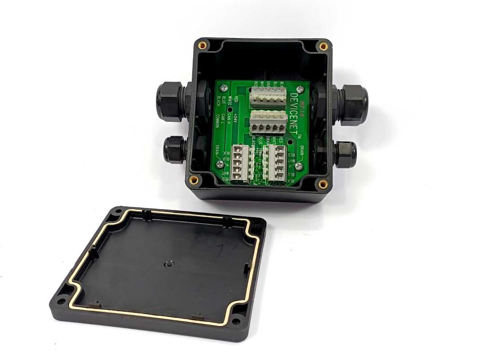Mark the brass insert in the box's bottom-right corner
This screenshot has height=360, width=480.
coord(322,183)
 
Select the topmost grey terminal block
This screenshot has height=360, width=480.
coord(268,95)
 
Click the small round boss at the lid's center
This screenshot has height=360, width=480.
coord(169,264)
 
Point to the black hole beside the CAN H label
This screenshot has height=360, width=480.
coord(230,109)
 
